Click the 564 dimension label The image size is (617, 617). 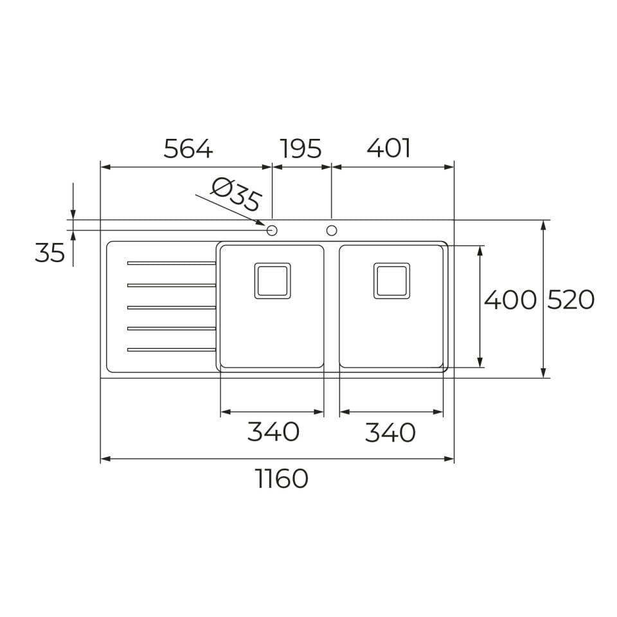[188, 148]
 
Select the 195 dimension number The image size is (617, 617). [301, 148]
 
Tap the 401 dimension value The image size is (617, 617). [388, 148]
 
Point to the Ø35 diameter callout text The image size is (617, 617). [236, 194]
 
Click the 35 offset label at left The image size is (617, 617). [49, 253]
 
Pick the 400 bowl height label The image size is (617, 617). [510, 300]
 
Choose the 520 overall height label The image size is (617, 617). [571, 300]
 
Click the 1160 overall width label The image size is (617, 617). [282, 478]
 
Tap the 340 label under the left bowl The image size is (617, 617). [273, 432]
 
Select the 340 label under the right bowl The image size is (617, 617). [390, 433]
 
